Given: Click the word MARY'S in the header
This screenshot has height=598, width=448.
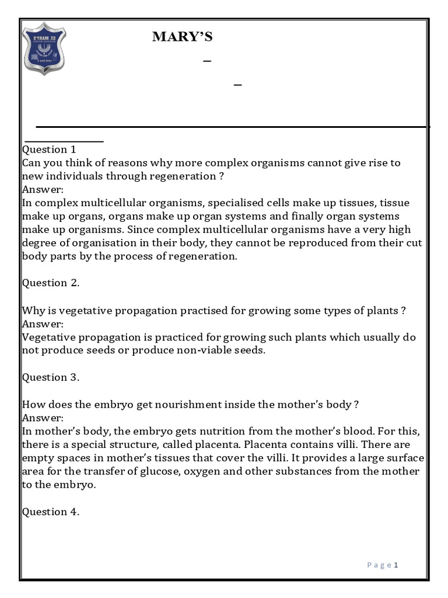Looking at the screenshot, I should coord(182,37).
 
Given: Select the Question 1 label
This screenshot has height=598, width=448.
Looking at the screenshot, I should coord(49,149).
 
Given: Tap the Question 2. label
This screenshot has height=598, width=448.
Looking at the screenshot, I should coord(51,283).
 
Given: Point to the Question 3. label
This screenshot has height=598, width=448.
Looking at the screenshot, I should coord(51,377).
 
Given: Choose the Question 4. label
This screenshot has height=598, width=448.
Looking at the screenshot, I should coord(51,512).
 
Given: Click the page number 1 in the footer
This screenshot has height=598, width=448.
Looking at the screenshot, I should coord(396,565).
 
